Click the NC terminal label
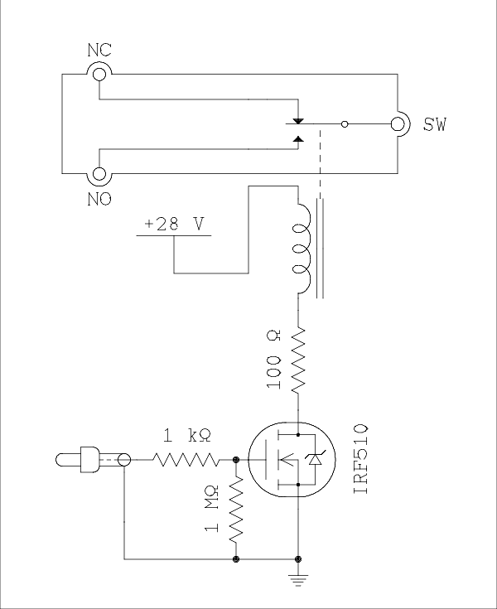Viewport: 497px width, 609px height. pos(99,50)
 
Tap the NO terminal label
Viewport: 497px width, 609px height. pos(99,199)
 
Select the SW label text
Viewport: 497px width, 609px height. pos(435,124)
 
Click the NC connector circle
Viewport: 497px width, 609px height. pos(99,74)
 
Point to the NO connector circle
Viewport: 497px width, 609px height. pos(99,174)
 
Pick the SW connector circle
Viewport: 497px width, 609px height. pos(398,124)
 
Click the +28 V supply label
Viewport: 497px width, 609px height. pos(174,224)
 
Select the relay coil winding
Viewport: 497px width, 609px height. pos(302,249)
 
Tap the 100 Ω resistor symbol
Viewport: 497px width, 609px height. pos(298,360)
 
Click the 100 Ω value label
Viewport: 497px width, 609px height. pos(273,360)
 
